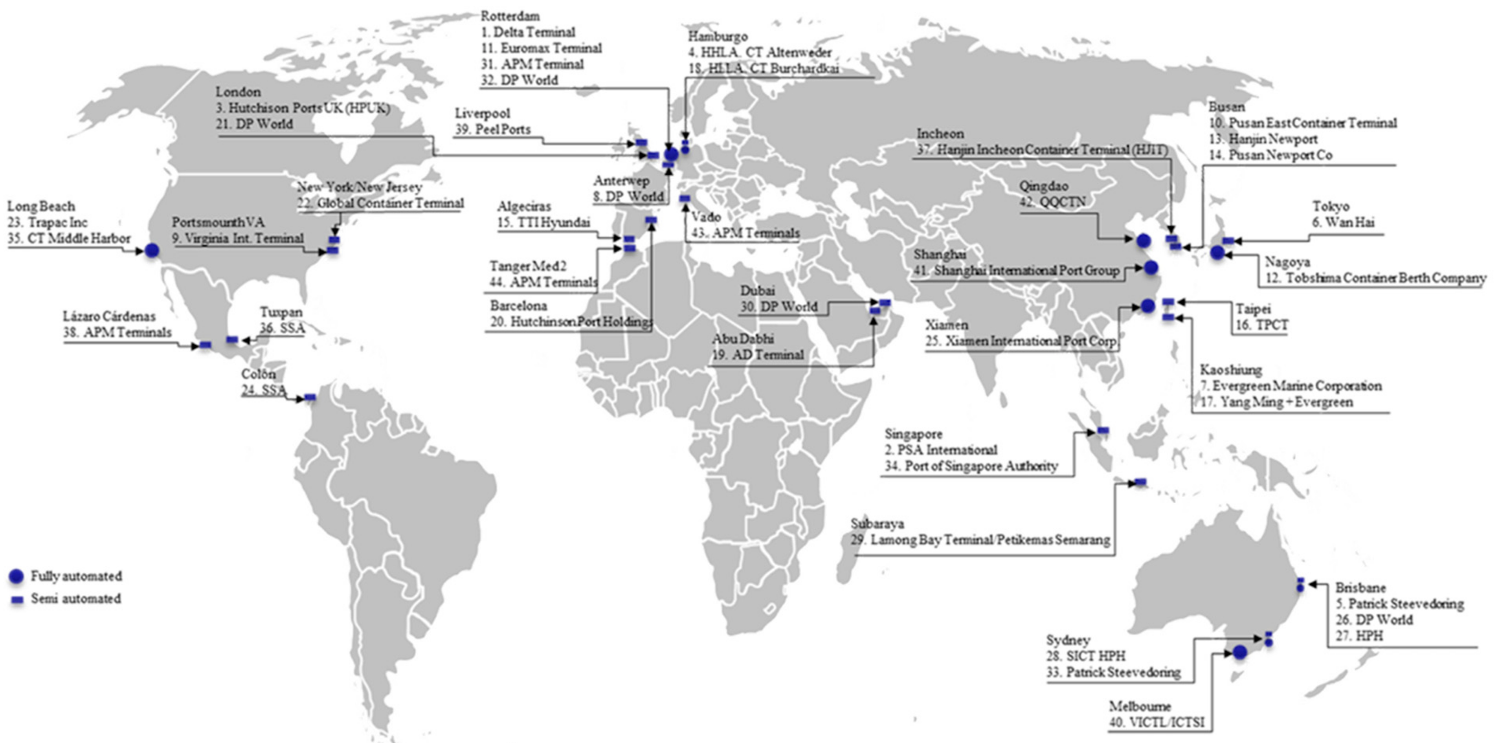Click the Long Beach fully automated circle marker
pos(152,251)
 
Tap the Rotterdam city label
pos(510,16)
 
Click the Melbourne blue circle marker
pos(1240,652)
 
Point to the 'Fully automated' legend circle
pos(16,576)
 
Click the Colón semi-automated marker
pos(310,397)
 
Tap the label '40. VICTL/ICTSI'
pos(1157,723)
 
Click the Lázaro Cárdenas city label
pos(109,316)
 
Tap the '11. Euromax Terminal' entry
pos(542,48)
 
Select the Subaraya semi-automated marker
pos(1140,482)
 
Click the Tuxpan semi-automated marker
pos(232,339)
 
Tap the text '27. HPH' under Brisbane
pos(1359,635)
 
